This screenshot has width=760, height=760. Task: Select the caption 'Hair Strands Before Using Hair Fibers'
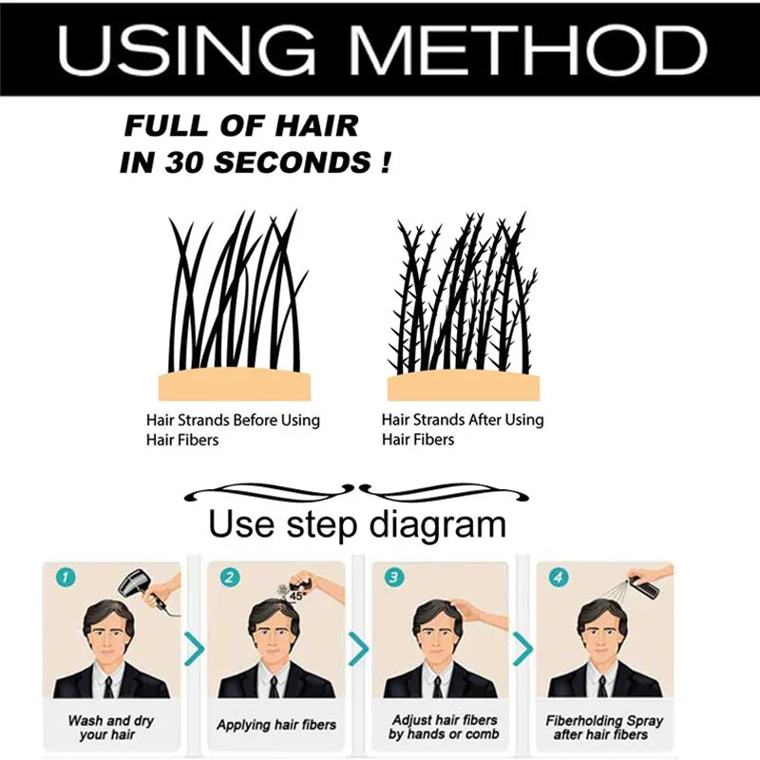pos(233,429)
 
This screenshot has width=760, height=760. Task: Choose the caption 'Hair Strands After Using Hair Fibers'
pos(463,429)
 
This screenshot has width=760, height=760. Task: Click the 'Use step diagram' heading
pos(357,523)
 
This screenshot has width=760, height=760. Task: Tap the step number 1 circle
pos(64,577)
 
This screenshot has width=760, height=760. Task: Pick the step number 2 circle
pos(228,577)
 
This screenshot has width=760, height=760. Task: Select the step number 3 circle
pos(392,577)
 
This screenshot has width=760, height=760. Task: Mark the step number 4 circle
pos(557,577)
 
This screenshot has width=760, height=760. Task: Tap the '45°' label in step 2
pos(294,596)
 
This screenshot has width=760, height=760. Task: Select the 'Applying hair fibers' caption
pos(276,725)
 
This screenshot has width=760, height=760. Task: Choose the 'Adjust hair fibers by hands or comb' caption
pos(443,727)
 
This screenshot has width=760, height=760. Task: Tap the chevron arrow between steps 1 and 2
pos(194,650)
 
